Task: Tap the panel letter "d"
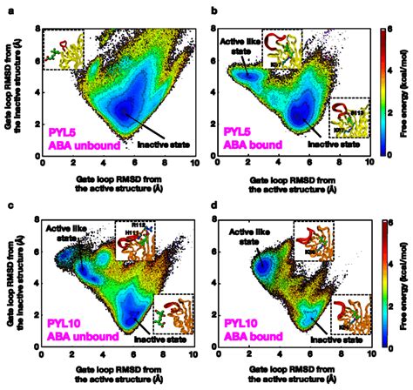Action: (213, 205)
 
